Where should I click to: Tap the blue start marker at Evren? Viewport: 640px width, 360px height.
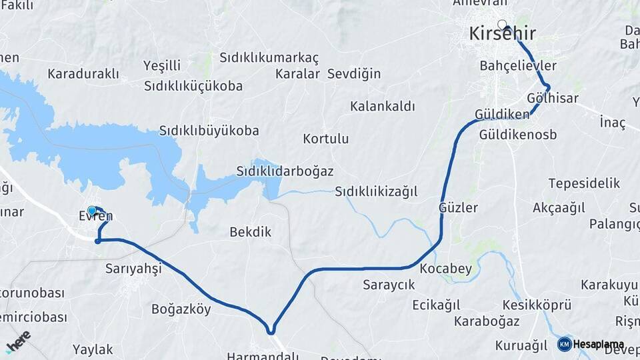92,211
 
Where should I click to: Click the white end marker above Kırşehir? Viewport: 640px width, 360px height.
502,25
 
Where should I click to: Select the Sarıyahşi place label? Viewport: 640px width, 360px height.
133,268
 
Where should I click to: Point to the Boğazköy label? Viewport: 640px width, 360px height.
181,309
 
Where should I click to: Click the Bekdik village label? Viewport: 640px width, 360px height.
250,232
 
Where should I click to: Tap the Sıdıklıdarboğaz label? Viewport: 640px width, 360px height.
285,171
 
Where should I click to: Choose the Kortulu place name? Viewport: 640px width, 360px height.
325,139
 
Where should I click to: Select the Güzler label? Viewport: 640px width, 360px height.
458,207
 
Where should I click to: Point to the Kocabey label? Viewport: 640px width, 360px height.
445,269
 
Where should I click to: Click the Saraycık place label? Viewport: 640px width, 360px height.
389,285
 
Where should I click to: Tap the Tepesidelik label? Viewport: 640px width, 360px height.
584,183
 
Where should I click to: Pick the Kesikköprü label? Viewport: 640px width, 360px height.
537,305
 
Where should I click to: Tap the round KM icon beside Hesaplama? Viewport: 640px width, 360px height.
565,344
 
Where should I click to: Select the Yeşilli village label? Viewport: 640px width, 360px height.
162,66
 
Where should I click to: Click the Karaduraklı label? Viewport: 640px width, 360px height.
83,73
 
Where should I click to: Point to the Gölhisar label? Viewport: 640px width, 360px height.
552,98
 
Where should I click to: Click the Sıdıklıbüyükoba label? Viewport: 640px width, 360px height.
209,131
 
